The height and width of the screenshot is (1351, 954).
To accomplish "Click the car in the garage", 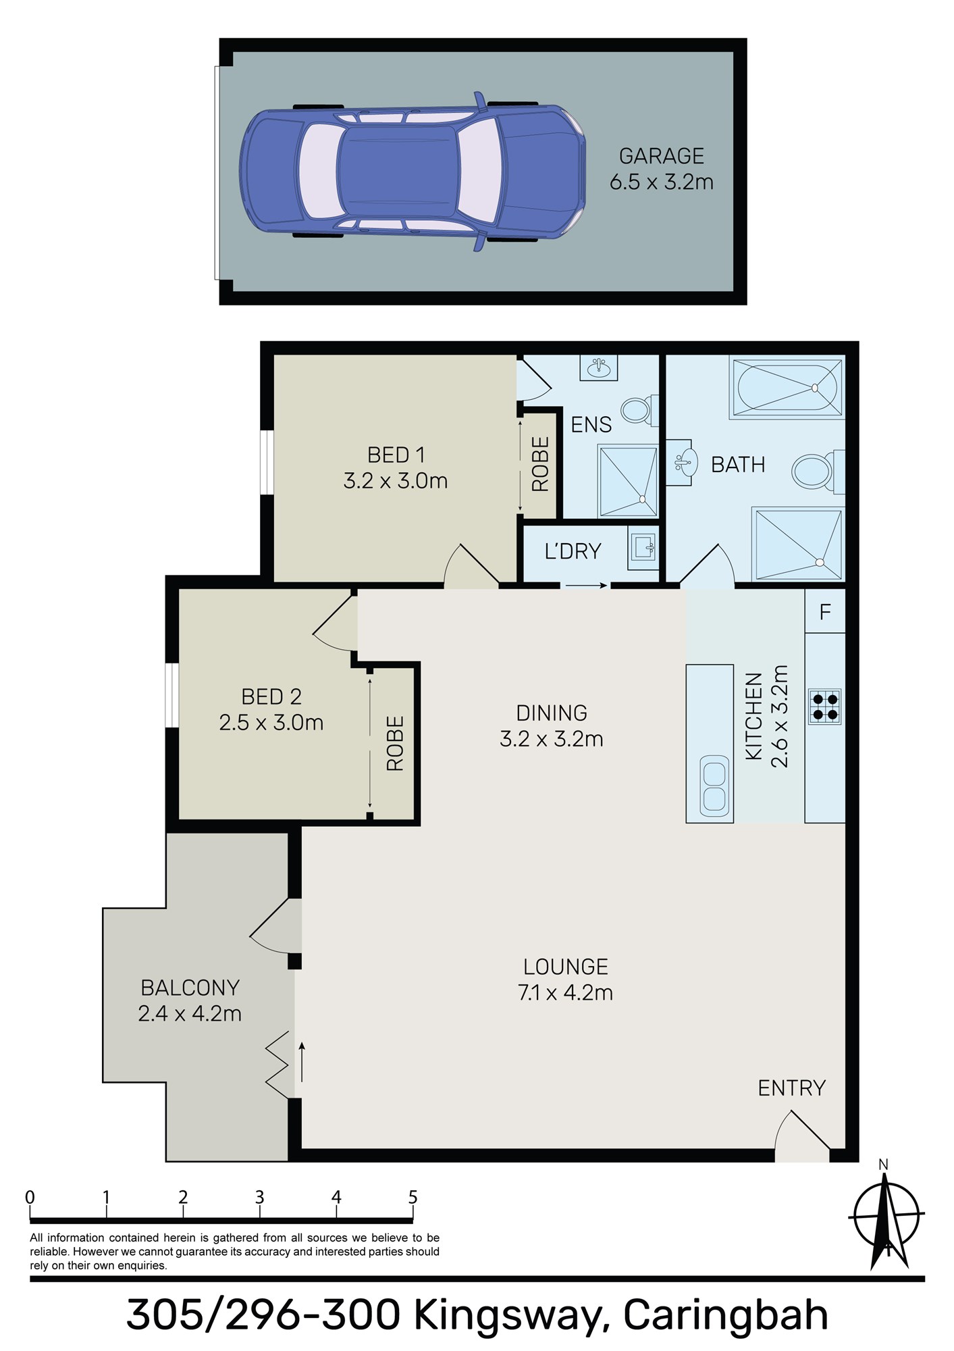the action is tap(413, 172).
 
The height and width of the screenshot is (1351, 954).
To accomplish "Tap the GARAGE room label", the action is tap(662, 156).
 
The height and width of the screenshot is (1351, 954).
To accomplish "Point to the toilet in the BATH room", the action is tap(816, 471).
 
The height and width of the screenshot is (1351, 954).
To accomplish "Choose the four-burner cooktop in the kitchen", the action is tap(824, 707).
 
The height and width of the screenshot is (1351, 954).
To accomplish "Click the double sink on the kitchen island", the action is tap(714, 785).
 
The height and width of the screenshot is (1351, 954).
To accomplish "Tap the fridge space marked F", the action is tap(824, 612).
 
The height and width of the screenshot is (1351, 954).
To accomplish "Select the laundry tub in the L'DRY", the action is tap(643, 545).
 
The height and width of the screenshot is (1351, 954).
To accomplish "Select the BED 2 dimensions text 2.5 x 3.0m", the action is tap(271, 723).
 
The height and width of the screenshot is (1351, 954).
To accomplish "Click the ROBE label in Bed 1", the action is tap(541, 464).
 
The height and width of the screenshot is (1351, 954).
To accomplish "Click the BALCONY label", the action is tap(190, 988).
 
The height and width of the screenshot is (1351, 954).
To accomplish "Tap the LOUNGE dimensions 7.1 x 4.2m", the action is tap(566, 993).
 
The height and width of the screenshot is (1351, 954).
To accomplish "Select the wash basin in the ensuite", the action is tap(598, 368).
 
